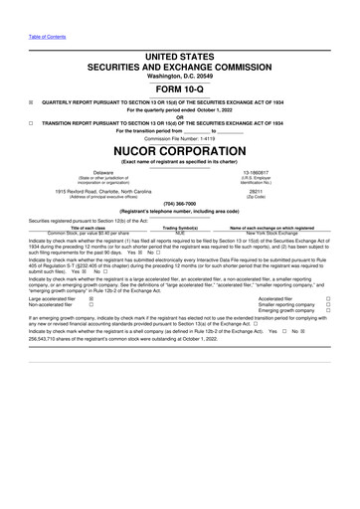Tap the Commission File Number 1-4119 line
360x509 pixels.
(179, 138)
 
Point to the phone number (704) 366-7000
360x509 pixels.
(179, 203)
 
